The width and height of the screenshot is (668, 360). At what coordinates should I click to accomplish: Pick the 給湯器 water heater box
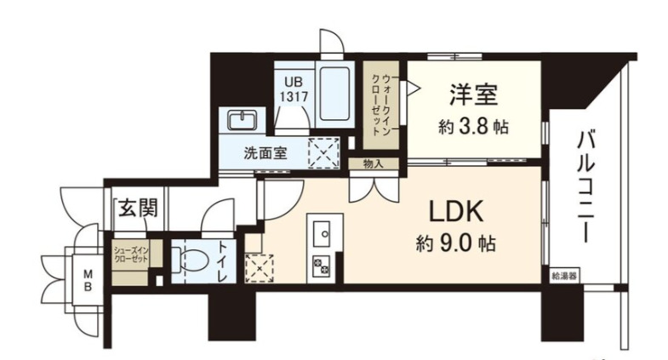[563, 276]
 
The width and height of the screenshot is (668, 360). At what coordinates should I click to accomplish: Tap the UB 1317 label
[295, 90]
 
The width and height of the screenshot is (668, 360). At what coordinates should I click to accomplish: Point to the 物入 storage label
[374, 163]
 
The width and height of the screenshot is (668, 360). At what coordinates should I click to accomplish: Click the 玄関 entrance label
[131, 206]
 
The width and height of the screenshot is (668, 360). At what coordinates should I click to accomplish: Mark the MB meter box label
[88, 279]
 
